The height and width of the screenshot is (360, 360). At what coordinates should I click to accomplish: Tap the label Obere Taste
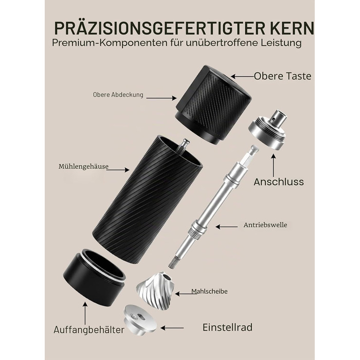tap(283, 76)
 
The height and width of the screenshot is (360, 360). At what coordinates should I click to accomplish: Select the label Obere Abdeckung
tap(118, 95)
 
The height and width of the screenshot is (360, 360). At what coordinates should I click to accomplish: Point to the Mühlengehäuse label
tap(83, 166)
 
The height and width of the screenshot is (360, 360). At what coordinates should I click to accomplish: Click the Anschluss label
tap(279, 182)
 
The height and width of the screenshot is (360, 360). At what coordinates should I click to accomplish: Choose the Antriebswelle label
tap(265, 225)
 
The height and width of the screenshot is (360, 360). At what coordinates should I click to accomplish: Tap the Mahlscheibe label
tap(209, 292)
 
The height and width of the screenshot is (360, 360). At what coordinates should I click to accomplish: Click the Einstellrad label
tap(227, 327)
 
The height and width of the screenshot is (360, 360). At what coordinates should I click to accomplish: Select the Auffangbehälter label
tap(89, 330)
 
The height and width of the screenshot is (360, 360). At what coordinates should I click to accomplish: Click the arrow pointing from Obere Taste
tap(242, 76)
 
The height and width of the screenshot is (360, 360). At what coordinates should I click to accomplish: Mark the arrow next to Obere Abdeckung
tap(161, 98)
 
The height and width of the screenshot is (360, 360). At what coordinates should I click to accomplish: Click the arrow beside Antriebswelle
tap(227, 227)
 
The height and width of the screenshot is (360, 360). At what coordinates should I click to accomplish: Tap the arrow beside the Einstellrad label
tap(172, 328)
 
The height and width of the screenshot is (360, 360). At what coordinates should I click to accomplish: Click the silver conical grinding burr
tap(155, 287)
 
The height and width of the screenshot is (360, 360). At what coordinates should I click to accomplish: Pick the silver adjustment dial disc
tap(140, 319)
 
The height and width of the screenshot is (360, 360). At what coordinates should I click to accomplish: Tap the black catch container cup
tap(94, 277)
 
